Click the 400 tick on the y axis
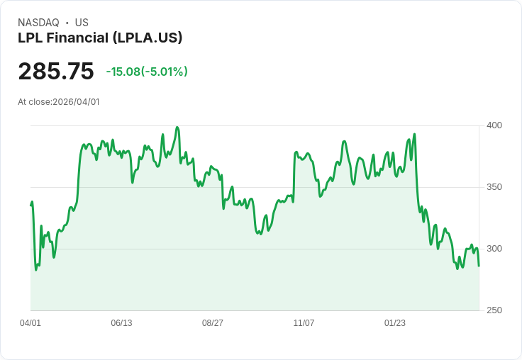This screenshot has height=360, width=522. (x=494, y=125)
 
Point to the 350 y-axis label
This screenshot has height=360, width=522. (x=494, y=187)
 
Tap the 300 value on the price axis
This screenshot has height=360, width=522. (x=494, y=249)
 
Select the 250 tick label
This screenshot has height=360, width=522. (x=494, y=310)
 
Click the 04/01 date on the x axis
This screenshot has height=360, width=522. (x=30, y=323)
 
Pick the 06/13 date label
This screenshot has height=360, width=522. (x=121, y=323)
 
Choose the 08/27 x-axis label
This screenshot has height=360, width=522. (x=213, y=323)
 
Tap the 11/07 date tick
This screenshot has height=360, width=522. (x=304, y=323)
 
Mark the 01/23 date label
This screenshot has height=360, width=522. (x=395, y=323)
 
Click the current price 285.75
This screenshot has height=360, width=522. (x=56, y=72)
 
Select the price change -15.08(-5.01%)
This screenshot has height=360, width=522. (x=147, y=72)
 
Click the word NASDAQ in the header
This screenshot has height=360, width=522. (x=38, y=23)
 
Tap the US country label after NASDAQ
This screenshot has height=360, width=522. (x=82, y=23)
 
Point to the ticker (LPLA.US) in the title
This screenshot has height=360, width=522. (x=148, y=38)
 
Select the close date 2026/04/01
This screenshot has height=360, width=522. (x=77, y=102)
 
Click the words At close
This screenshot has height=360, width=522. (x=34, y=102)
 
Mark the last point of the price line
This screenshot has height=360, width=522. (x=479, y=266)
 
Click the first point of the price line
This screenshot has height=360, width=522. (x=30, y=205)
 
